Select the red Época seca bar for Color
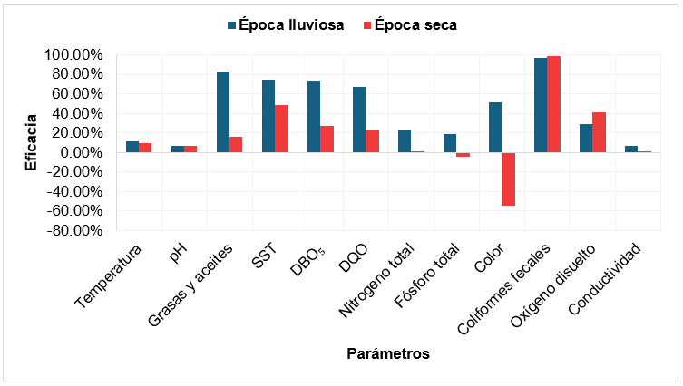(x=508, y=179)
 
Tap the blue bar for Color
(x=495, y=127)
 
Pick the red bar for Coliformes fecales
(x=553, y=104)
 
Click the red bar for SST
(x=281, y=129)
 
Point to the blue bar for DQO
(x=359, y=120)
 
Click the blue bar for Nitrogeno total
(x=405, y=141)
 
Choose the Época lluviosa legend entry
(x=283, y=25)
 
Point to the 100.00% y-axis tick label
(x=72, y=55)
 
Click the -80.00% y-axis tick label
(x=72, y=230)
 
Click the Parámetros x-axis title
(x=387, y=353)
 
